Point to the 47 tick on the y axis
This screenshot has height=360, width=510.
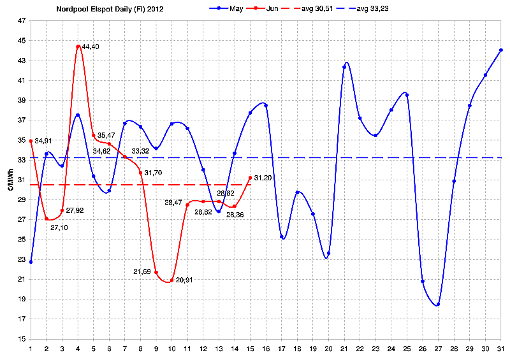[x=22, y=21]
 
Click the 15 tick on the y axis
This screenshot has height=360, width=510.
[x=22, y=339]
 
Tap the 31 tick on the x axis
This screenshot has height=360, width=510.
[x=501, y=348]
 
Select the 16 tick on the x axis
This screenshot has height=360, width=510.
[x=266, y=348]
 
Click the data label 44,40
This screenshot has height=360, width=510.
[x=91, y=47]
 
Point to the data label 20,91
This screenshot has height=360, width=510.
[x=184, y=280]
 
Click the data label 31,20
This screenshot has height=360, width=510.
[x=263, y=178]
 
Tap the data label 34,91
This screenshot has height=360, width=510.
[x=43, y=141]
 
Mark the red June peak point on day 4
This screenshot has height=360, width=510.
[x=78, y=47]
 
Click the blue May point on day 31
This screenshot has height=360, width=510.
[x=501, y=50]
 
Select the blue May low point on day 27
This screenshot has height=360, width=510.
[x=438, y=304]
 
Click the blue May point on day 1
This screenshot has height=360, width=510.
[x=31, y=262]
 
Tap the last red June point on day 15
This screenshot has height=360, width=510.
[x=250, y=178]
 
